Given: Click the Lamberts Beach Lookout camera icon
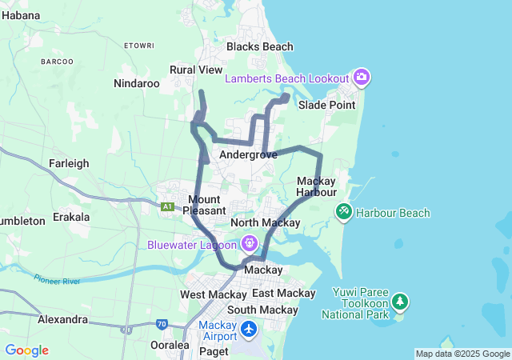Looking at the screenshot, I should (x=362, y=78).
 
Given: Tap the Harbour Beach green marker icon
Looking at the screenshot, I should (x=344, y=212).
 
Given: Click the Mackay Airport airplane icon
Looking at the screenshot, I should (x=249, y=328).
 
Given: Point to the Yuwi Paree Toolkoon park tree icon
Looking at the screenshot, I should (x=399, y=302).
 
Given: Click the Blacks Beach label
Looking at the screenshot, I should (x=260, y=46).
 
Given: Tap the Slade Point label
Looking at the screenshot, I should (x=326, y=105).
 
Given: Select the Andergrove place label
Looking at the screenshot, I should (x=248, y=154).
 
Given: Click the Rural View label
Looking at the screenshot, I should (x=196, y=70).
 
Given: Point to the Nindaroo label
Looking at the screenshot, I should (x=137, y=83).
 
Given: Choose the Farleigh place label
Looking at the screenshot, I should (x=69, y=163).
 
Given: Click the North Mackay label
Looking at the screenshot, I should (x=265, y=222).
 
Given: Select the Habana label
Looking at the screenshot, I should (x=21, y=14).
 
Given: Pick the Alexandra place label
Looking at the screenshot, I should (x=62, y=319).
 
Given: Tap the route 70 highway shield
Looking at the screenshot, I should (x=162, y=324).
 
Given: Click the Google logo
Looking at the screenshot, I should (x=26, y=350).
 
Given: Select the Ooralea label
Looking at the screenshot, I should (x=170, y=346).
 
